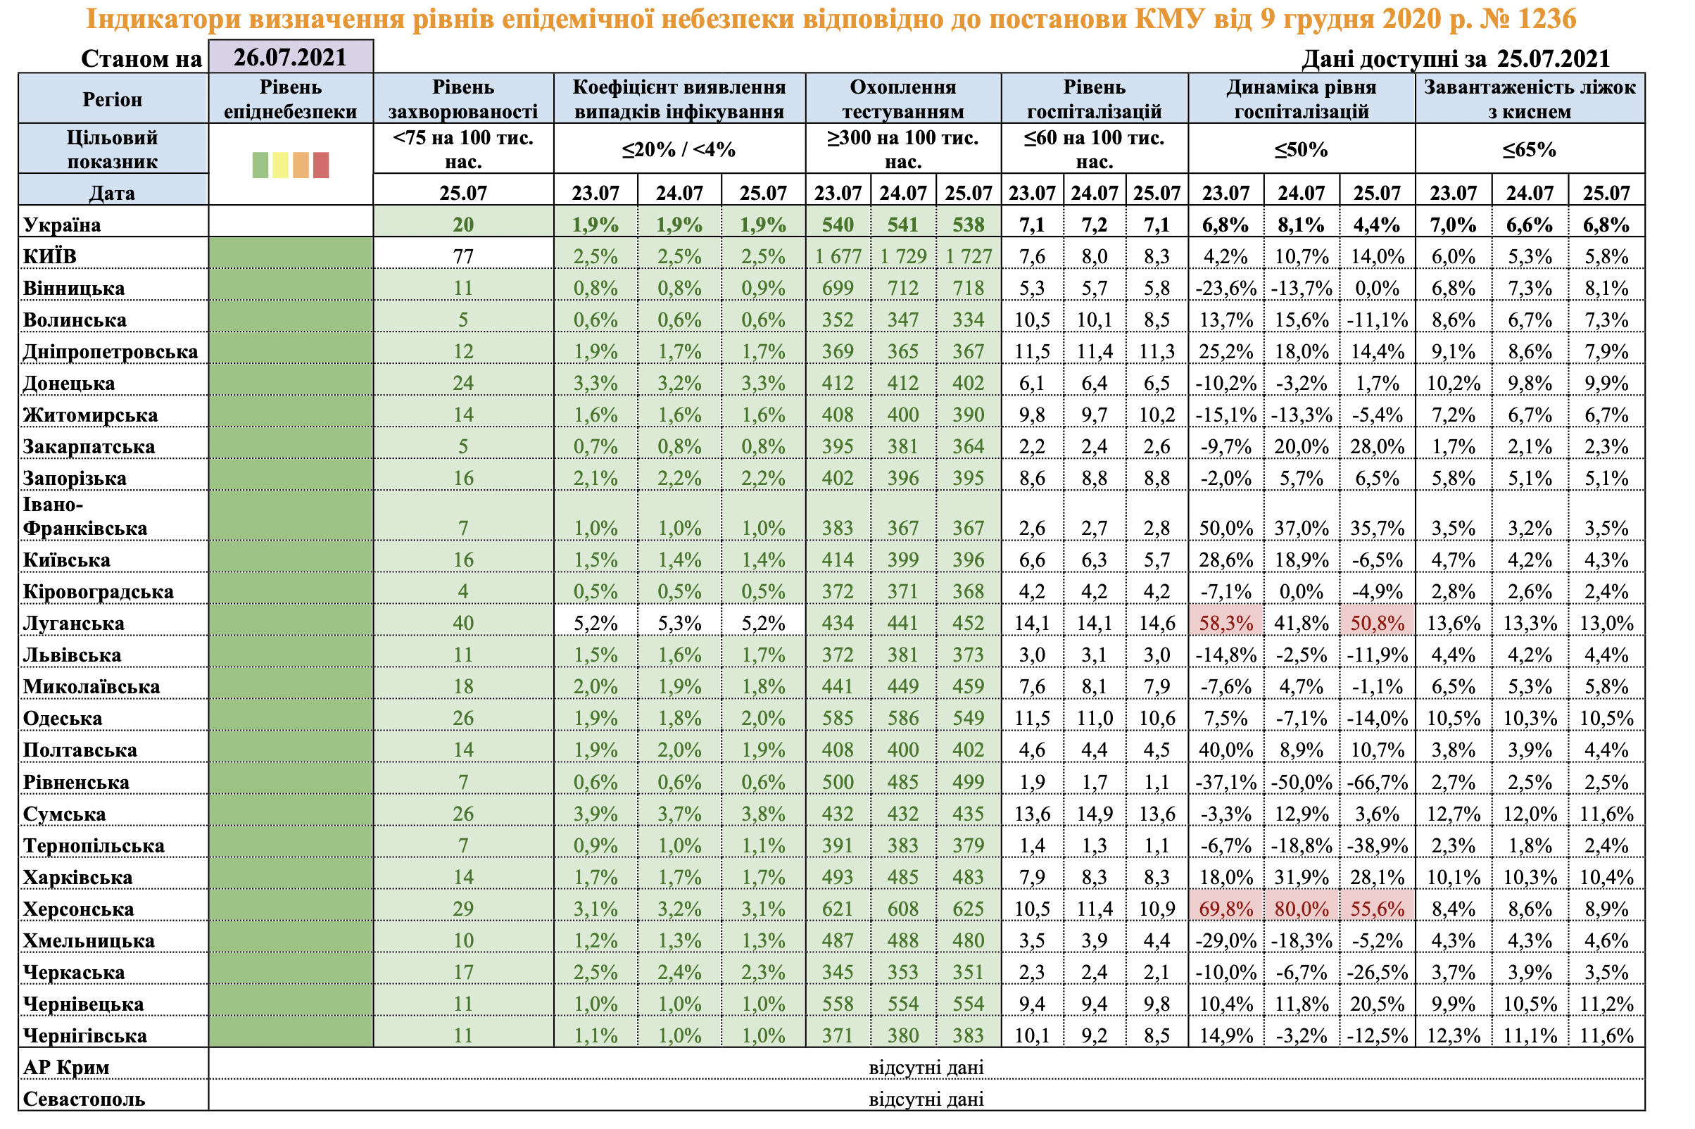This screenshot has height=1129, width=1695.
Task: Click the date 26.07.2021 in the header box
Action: click(x=290, y=57)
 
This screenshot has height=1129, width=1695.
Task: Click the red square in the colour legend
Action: click(x=320, y=165)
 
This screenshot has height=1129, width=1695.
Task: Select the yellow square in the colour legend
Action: click(x=280, y=165)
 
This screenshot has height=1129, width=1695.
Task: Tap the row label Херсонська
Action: click(x=79, y=909)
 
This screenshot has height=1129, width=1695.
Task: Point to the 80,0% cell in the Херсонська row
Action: click(x=1301, y=909)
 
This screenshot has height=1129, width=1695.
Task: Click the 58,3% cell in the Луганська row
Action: click(x=1225, y=624)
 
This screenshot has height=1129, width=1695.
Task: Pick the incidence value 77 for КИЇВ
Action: click(x=463, y=256)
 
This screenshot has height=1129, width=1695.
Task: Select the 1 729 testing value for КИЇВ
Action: click(x=903, y=256)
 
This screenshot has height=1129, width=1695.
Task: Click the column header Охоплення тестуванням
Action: click(x=903, y=99)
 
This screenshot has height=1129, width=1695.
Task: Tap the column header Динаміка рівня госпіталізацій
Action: click(x=1301, y=99)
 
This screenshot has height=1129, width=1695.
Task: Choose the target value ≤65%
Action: click(x=1530, y=150)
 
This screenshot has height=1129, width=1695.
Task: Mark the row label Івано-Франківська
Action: click(x=85, y=516)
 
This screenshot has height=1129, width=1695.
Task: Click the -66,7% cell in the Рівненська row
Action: click(x=1377, y=783)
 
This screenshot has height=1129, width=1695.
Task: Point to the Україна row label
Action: click(x=62, y=225)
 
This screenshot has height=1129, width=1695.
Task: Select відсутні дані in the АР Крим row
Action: click(x=926, y=1068)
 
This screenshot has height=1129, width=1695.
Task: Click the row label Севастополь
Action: click(x=84, y=1099)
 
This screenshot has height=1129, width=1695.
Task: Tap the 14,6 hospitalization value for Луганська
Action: click(x=1157, y=624)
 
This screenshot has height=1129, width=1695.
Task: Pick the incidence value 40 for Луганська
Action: click(x=463, y=624)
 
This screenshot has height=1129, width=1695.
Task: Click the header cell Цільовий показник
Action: click(x=113, y=149)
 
